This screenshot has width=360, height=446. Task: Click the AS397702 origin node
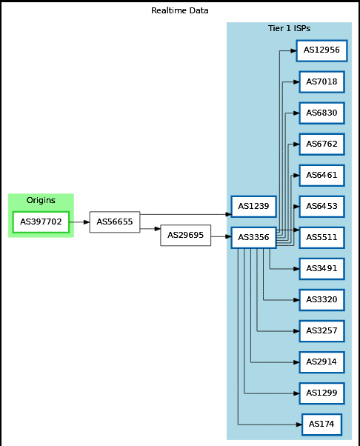[41, 222]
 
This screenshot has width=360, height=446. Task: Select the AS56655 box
[115, 222]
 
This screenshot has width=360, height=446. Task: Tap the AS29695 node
[186, 236]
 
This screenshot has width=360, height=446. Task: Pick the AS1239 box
[253, 207]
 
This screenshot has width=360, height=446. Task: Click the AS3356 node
[253, 238]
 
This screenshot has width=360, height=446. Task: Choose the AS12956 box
[321, 50]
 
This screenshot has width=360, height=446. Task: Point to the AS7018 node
[321, 82]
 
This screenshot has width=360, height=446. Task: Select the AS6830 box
[321, 113]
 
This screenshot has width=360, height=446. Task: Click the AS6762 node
[321, 144]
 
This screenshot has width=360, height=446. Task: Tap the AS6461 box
[321, 175]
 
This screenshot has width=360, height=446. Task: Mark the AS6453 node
[321, 207]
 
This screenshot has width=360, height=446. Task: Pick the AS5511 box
[321, 238]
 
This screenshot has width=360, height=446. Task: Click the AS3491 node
[321, 269]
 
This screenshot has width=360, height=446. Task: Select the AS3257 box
[321, 331]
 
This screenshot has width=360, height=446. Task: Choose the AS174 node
[321, 425]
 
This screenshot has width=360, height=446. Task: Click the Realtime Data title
[180, 10]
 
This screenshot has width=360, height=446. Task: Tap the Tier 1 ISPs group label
[289, 28]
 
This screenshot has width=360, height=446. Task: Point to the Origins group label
[41, 200]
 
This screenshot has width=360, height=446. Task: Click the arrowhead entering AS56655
[87, 222]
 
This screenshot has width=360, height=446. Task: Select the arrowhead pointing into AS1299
[296, 393]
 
